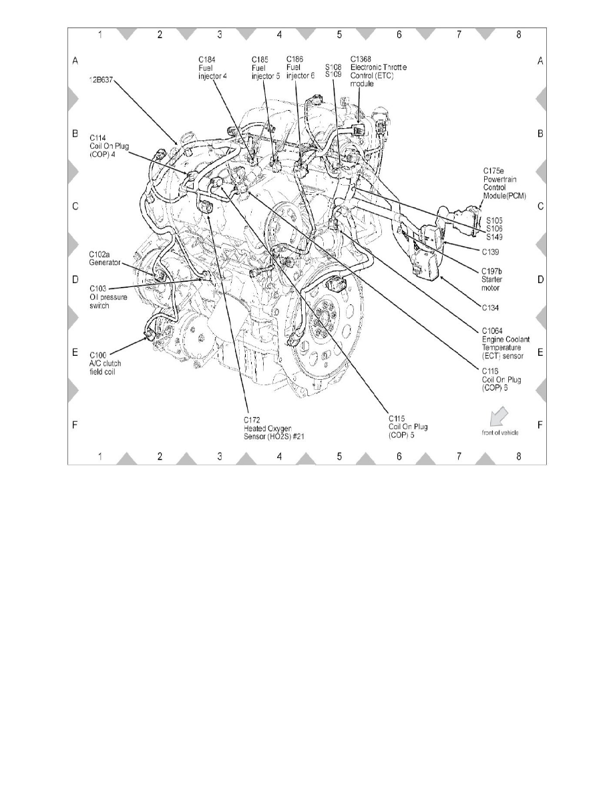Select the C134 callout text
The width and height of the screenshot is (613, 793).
pos(491,308)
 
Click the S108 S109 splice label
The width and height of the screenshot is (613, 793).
pos(333,71)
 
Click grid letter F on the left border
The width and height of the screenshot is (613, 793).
pos(75,425)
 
